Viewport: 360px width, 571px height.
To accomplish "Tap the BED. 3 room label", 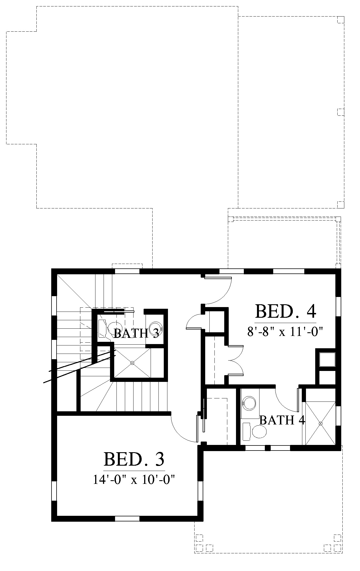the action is point(134,459).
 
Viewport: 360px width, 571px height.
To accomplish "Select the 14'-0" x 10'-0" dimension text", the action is point(134,480).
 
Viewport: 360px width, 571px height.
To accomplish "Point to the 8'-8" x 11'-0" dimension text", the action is point(286,332).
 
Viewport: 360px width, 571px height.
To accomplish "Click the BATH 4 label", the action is point(282,420).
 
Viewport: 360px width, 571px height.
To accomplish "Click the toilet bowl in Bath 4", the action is point(260,432).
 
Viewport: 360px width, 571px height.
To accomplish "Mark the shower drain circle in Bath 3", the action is point(132,363).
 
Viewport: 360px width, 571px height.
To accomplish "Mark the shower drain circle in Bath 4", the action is point(321,424).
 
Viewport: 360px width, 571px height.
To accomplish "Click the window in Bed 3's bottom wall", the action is point(127,519).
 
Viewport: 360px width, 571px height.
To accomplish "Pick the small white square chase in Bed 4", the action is point(327,359).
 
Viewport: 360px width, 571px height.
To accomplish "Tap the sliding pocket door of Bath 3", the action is point(119,311).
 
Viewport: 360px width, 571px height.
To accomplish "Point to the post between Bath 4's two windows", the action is point(268,448).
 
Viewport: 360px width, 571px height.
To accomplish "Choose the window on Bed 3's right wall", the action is point(200,491).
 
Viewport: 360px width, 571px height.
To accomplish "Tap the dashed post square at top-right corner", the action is point(341,20).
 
